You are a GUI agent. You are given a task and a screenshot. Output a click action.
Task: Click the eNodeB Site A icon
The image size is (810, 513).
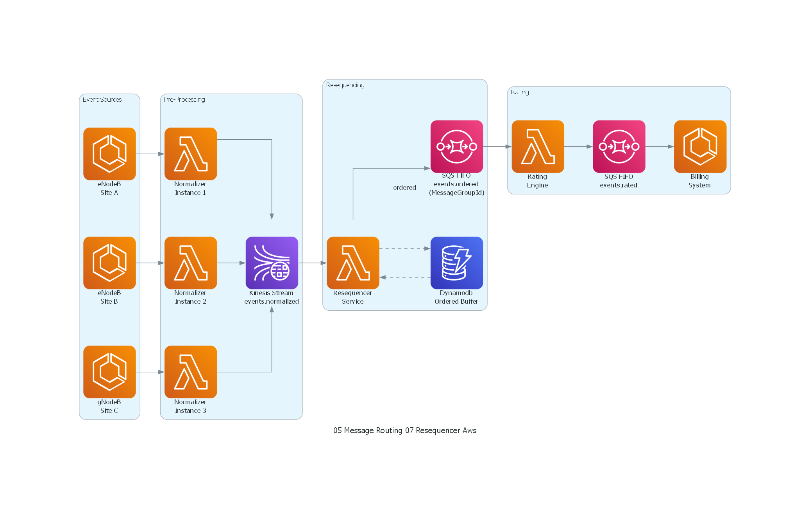point(109,154)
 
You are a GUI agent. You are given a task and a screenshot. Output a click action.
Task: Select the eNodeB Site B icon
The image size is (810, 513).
point(109,263)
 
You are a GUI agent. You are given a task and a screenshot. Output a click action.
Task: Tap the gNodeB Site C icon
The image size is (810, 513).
point(109,372)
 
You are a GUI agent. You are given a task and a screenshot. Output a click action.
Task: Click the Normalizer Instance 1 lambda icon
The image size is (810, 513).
point(191,154)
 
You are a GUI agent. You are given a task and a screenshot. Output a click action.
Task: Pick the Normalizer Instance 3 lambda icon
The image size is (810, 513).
point(191,372)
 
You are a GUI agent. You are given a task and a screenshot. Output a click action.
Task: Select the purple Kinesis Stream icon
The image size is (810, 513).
point(272,263)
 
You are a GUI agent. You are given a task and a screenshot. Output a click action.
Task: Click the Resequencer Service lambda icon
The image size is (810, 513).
point(353,263)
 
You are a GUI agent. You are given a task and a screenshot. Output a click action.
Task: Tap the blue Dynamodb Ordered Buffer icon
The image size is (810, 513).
point(456,263)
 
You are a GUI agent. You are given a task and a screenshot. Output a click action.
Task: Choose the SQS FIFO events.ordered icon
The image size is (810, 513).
point(456,146)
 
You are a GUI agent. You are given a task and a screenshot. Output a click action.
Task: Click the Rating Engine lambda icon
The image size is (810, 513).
point(538,146)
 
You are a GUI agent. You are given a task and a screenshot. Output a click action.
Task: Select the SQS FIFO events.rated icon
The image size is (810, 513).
point(619,146)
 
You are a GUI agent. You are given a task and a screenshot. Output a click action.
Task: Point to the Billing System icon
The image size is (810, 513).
point(700,146)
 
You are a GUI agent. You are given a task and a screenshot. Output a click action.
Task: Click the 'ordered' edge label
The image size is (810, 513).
point(404,187)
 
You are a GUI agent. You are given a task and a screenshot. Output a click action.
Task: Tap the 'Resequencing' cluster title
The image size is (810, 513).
point(345,85)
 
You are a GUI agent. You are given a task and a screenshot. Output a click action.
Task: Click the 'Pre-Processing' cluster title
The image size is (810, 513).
point(184,99)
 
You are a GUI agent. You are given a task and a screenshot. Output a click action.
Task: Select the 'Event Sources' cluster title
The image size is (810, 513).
point(102,99)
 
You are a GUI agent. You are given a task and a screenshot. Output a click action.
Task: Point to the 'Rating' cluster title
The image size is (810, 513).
point(520,92)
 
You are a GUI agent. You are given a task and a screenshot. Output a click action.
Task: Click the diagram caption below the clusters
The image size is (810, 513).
point(404,430)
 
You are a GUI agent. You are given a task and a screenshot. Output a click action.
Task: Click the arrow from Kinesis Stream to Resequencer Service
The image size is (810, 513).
point(312,263)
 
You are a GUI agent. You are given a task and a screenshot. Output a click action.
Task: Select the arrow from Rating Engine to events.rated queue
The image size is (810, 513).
point(578,147)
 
